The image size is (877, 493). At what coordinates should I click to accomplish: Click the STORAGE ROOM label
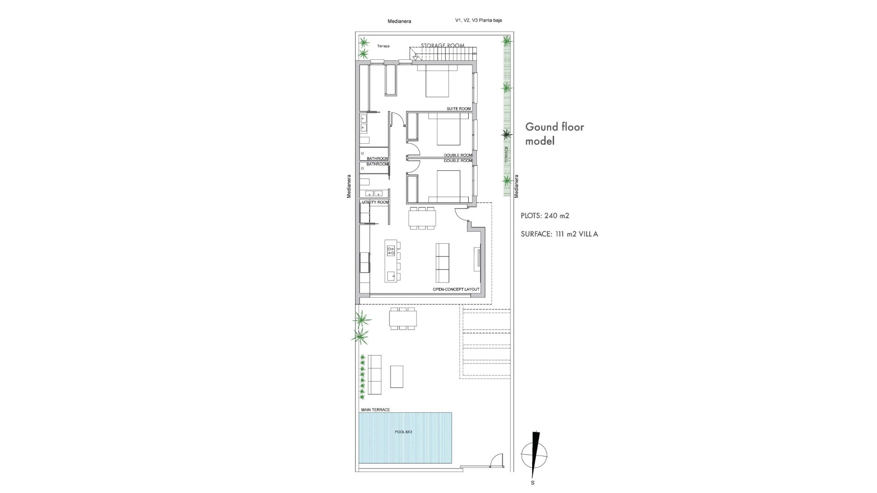click(x=442, y=46)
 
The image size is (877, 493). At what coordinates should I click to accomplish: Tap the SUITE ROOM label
click(x=459, y=109)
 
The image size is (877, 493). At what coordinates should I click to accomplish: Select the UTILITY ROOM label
click(x=375, y=202)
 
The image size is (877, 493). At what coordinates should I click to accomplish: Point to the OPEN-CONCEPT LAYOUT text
click(x=456, y=289)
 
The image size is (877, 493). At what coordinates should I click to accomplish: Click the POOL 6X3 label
click(x=403, y=432)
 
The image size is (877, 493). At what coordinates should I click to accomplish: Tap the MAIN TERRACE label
click(x=375, y=410)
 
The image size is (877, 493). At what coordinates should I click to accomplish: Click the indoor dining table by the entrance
click(x=423, y=218)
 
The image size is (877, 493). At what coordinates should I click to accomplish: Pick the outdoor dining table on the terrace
click(x=403, y=318)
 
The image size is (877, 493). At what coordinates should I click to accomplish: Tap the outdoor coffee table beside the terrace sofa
click(x=396, y=377)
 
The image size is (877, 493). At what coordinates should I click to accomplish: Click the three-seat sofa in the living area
click(x=442, y=263)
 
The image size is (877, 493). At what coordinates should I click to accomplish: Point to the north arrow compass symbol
click(x=534, y=455)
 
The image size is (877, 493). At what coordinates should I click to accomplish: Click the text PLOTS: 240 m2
click(x=544, y=216)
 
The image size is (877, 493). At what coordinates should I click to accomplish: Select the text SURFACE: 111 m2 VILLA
click(x=559, y=234)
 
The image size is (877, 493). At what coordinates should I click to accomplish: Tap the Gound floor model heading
click(x=554, y=134)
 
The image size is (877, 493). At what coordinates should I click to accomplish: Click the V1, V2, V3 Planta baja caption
click(x=478, y=20)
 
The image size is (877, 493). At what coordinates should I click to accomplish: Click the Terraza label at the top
click(x=383, y=46)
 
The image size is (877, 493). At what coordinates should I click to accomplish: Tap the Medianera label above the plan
click(x=399, y=21)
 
